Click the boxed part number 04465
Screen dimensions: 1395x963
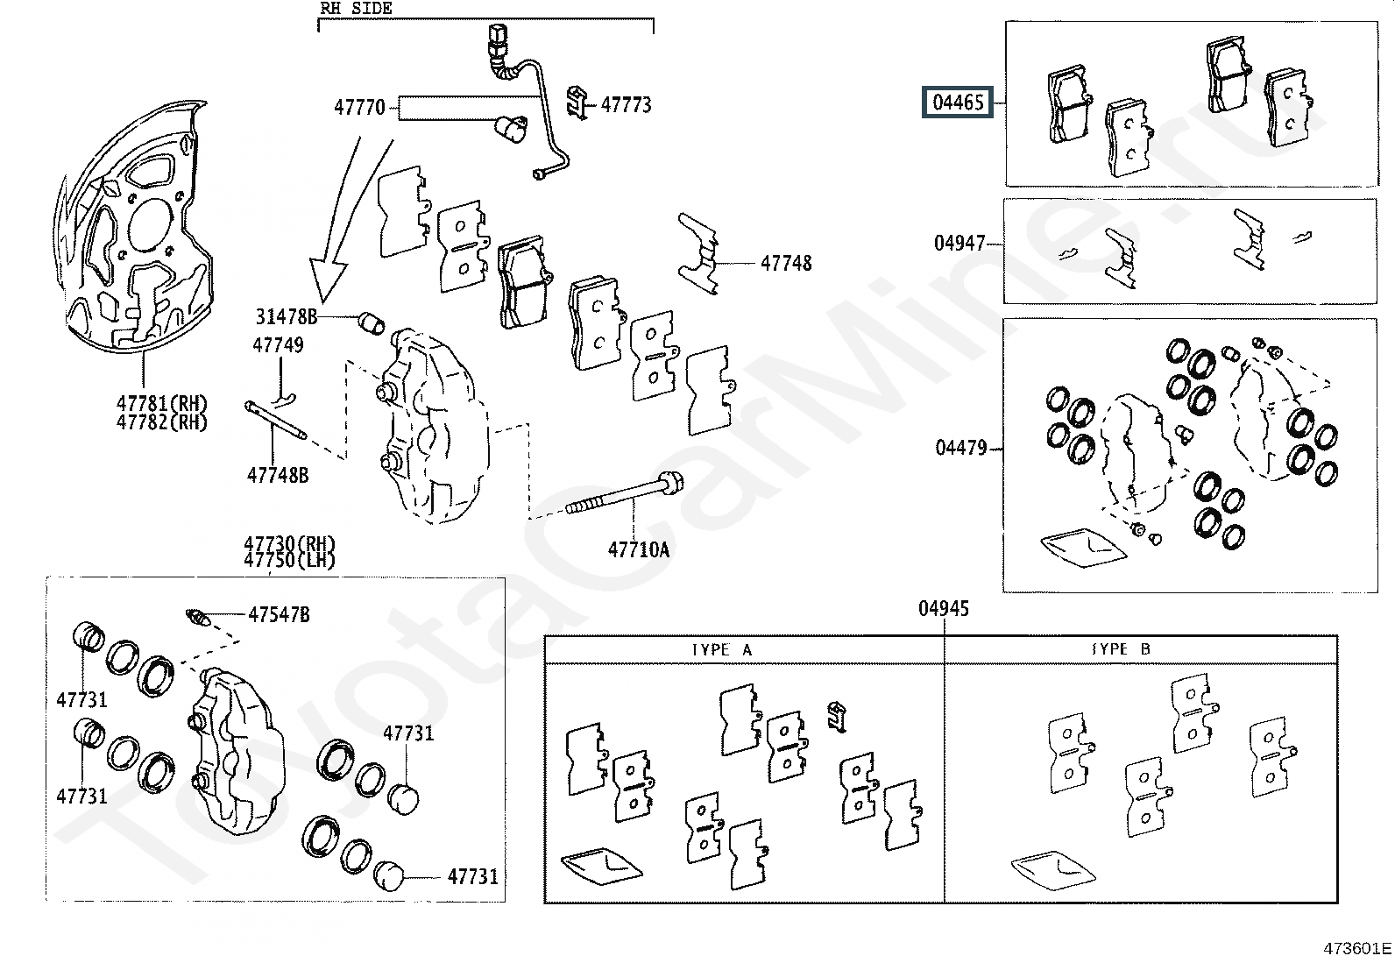(x=959, y=103)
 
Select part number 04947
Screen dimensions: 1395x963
(x=960, y=243)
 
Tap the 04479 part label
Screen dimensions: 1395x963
(x=961, y=447)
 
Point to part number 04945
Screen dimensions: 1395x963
(x=944, y=608)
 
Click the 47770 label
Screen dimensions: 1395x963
(x=359, y=108)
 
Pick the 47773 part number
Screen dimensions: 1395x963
(x=626, y=104)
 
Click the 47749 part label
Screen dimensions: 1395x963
(x=279, y=345)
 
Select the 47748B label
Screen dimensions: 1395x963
(x=278, y=475)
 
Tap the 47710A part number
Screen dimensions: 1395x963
(x=638, y=549)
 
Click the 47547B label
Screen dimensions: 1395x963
(x=279, y=615)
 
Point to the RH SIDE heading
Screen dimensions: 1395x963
(x=356, y=9)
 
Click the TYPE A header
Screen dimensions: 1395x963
(x=722, y=650)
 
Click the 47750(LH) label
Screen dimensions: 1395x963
(x=289, y=560)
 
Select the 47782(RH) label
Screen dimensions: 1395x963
(x=162, y=421)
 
